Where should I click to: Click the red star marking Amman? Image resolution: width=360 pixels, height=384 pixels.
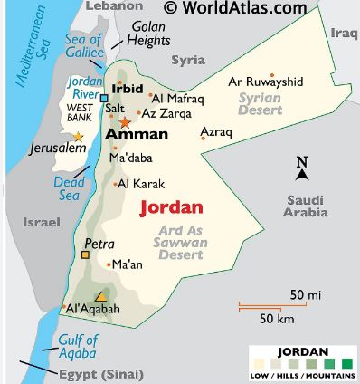[125, 121]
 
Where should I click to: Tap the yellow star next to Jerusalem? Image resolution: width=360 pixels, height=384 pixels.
[78, 137]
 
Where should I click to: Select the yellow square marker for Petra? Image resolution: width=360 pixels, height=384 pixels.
[85, 255]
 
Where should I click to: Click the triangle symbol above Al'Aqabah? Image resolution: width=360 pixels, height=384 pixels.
[101, 296]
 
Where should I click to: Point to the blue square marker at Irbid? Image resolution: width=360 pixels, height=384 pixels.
[104, 98]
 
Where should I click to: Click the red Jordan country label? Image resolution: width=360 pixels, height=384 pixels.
[171, 206]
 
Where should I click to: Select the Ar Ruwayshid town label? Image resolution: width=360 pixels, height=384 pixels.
[264, 82]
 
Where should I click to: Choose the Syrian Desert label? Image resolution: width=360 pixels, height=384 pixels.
[261, 103]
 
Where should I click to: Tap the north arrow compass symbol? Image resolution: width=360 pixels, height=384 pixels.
[302, 168]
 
